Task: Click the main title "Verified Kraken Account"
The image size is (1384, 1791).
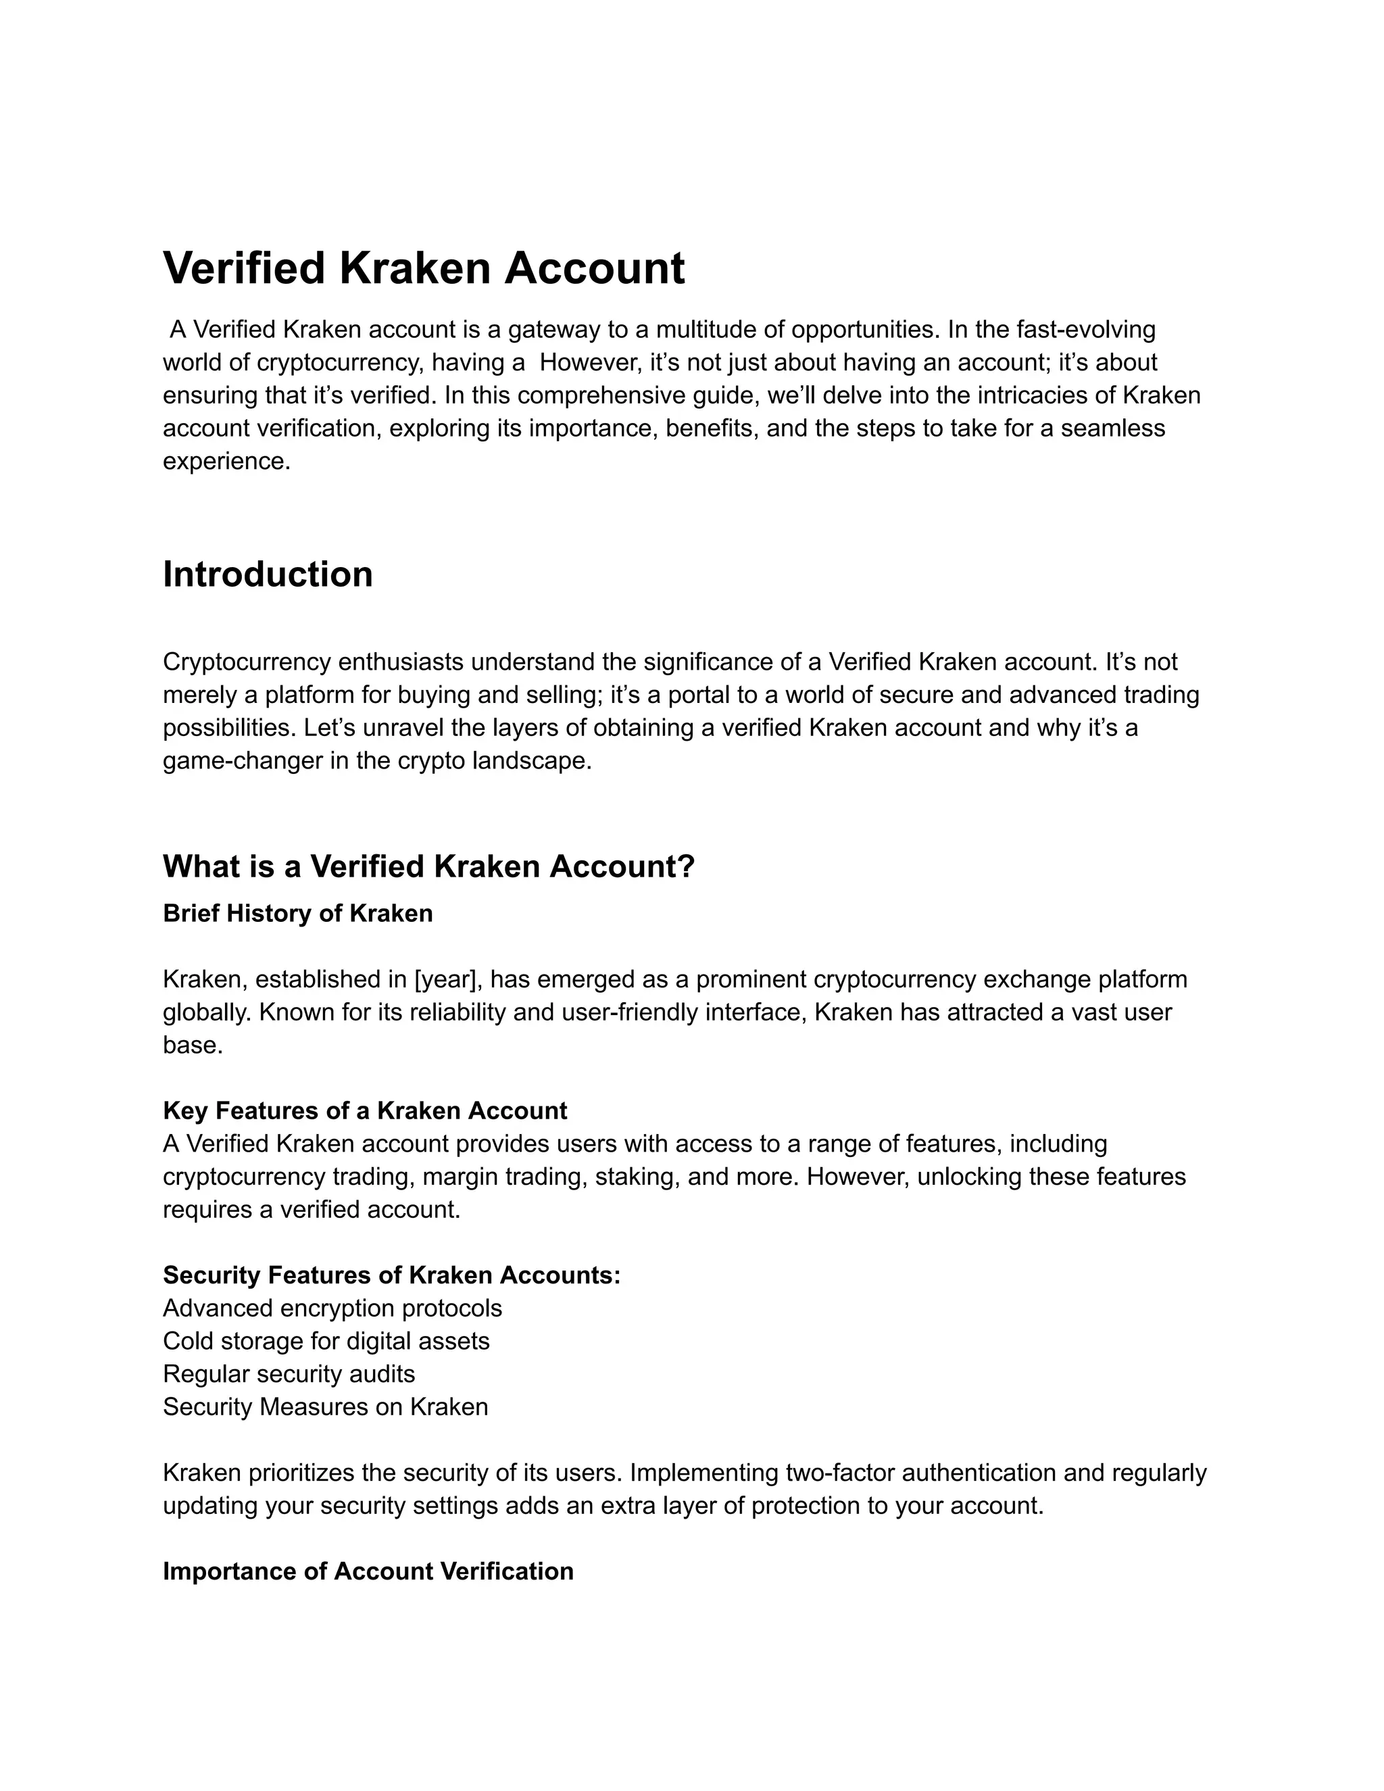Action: [x=424, y=268]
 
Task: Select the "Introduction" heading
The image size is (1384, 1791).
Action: [x=268, y=574]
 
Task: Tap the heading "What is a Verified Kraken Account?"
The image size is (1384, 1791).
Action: [x=428, y=866]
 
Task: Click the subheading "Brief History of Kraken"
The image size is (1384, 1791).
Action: [x=297, y=914]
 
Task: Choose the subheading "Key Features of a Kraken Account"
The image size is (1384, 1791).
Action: [x=365, y=1110]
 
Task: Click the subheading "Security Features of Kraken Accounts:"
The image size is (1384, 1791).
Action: [x=392, y=1275]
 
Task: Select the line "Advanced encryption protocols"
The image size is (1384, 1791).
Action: [x=332, y=1308]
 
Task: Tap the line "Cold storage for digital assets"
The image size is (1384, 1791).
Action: [x=326, y=1341]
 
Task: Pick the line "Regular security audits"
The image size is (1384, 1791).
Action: [x=289, y=1373]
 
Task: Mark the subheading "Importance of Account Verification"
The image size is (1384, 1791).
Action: [x=368, y=1571]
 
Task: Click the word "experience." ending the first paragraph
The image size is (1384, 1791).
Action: [x=227, y=462]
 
